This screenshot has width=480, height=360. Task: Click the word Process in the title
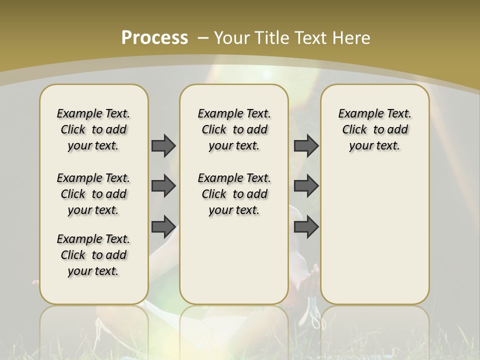click(x=154, y=38)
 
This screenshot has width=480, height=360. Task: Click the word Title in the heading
click(x=272, y=38)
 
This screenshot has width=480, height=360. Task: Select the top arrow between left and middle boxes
click(x=163, y=145)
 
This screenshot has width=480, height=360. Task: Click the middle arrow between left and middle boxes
click(x=163, y=186)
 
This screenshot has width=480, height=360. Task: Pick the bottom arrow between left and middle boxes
click(x=163, y=226)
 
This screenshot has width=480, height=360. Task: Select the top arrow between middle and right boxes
click(x=306, y=145)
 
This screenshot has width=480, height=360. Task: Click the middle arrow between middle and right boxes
click(x=306, y=186)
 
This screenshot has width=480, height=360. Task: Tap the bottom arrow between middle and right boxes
click(x=306, y=226)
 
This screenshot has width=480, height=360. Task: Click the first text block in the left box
click(x=93, y=129)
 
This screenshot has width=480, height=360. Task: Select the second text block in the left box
click(x=93, y=194)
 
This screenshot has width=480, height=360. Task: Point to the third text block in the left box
click(x=93, y=255)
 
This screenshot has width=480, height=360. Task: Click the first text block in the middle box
click(x=234, y=129)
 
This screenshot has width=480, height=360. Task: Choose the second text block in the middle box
click(x=234, y=194)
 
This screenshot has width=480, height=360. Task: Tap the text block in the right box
click(x=374, y=129)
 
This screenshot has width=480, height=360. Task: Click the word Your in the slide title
click(x=232, y=38)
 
